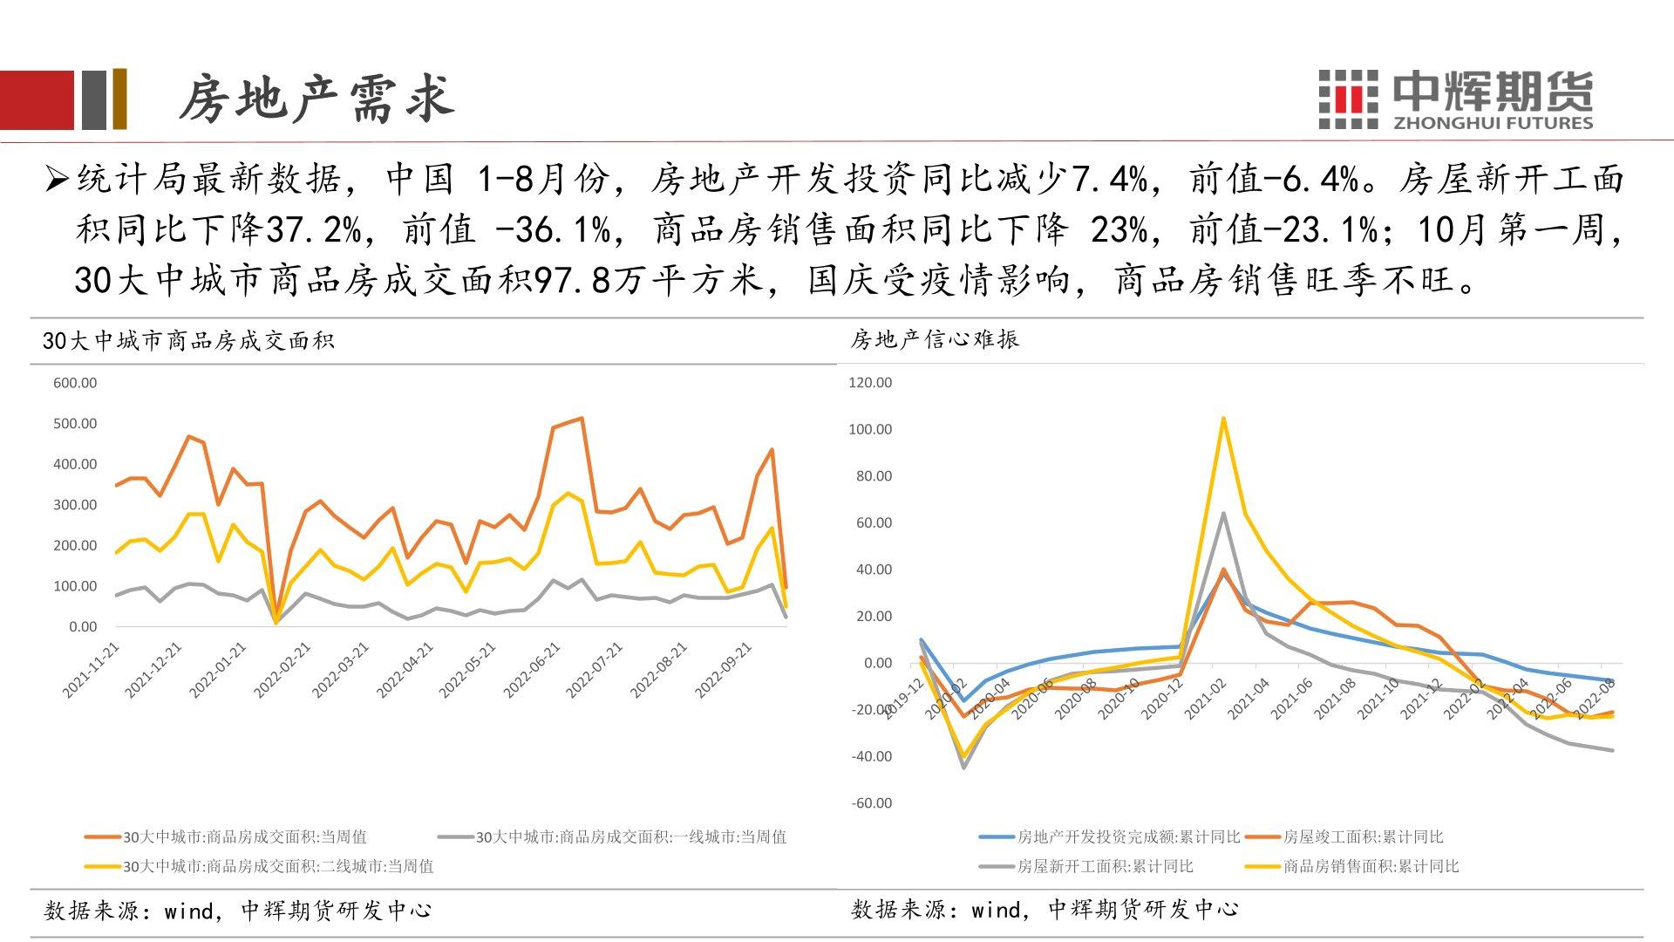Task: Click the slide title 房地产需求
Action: coord(316,98)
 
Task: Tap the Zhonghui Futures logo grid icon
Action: coord(1348,99)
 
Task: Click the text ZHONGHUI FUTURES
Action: coord(1493,123)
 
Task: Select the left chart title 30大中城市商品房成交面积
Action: coord(188,340)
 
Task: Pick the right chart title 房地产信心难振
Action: coord(935,338)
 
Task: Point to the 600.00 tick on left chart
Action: coord(75,383)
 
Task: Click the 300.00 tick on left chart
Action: coord(75,505)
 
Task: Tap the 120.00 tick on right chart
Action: coord(870,383)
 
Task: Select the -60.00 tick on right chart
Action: coord(870,803)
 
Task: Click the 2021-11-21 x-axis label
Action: coord(92,670)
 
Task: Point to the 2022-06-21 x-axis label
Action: coord(532,670)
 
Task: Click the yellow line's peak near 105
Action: coord(1223,419)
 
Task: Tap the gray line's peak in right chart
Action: coord(1223,514)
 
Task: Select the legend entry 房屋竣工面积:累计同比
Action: coord(1363,837)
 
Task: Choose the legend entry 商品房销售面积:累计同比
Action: coord(1371,867)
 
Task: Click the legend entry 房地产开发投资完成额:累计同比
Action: coord(1128,837)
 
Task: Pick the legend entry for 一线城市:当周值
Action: coord(630,837)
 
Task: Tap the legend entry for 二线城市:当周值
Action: coord(278,867)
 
